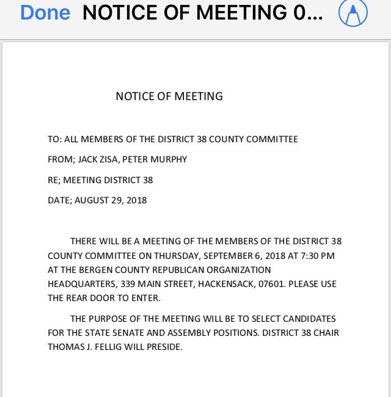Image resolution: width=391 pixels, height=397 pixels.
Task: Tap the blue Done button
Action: [x=45, y=13]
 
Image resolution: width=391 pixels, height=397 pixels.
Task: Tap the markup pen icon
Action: [x=353, y=13]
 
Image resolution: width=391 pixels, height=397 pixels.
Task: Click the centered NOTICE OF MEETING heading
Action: [x=169, y=96]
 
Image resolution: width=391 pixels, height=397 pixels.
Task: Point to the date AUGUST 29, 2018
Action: [x=111, y=200]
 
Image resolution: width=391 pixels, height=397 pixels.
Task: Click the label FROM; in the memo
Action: [x=61, y=159]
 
